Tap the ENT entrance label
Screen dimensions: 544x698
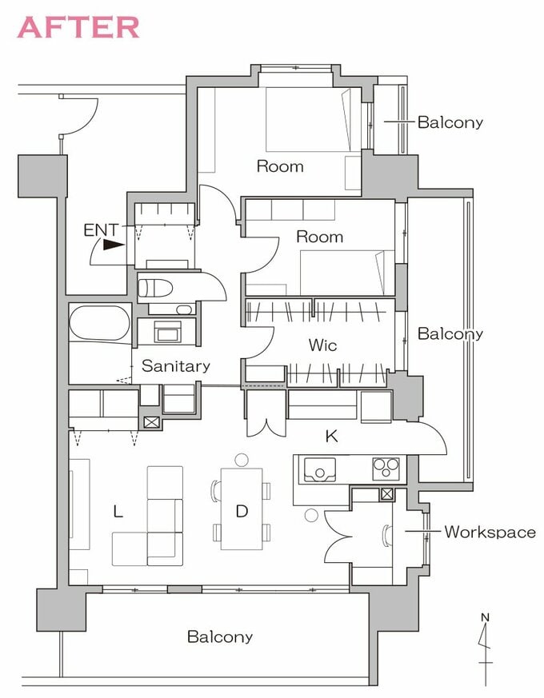[x=102, y=230]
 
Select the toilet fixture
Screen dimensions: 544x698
[x=155, y=288]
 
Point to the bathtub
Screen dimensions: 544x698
[x=100, y=323]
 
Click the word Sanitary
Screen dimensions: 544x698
[x=175, y=366]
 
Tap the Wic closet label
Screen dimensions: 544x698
[x=322, y=345]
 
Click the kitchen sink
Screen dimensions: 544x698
[x=320, y=469]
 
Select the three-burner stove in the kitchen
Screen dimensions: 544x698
[x=386, y=469]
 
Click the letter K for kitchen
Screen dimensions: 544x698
[x=331, y=437]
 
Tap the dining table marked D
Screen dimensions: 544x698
[x=242, y=509]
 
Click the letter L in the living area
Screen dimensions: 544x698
[x=118, y=512]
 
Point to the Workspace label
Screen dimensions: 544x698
[x=490, y=532]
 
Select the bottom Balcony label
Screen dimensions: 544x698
[x=220, y=636]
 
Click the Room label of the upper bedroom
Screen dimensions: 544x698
[x=280, y=166]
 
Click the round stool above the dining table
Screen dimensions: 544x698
[x=242, y=461]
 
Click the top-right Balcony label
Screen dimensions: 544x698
[x=450, y=122]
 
